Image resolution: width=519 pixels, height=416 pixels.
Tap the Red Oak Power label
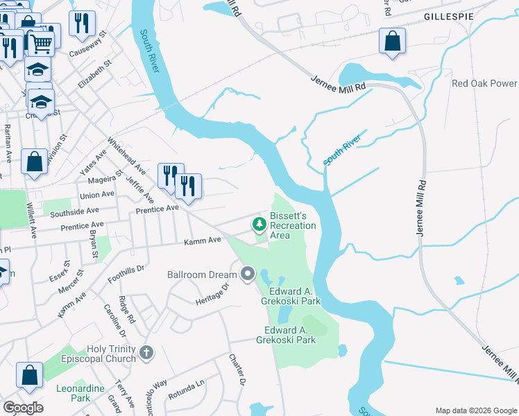pyautogui.click(x=484, y=83)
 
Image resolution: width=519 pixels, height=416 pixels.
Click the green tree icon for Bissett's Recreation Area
pyautogui.click(x=259, y=224)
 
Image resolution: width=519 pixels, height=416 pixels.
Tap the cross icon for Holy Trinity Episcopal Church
pyautogui.click(x=146, y=353)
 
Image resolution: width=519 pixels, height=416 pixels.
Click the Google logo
pyautogui.click(x=23, y=408)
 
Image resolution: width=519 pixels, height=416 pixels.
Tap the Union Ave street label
pyautogui.click(x=96, y=196)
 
